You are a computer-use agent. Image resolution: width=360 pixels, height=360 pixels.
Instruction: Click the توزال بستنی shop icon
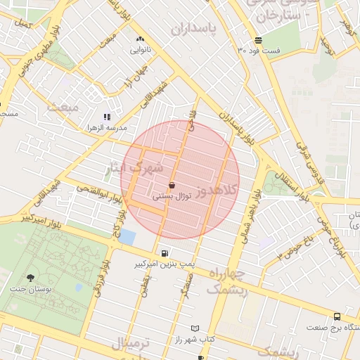click(172, 186)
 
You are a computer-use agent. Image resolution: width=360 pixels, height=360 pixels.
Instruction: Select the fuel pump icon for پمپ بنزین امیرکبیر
click(165, 253)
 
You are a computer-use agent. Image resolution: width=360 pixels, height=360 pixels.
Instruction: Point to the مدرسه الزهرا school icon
click(107, 117)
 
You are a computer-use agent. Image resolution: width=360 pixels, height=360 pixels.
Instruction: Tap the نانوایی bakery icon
click(140, 39)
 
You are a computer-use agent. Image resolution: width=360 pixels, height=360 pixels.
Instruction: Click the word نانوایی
click(140, 50)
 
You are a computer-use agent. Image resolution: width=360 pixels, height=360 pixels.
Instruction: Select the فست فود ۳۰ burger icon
click(258, 40)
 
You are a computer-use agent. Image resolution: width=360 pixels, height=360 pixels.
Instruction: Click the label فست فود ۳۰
click(259, 51)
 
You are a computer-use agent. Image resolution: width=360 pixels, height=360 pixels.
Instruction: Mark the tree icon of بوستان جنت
click(30, 278)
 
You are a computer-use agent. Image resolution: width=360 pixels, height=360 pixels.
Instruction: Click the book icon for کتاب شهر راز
click(195, 328)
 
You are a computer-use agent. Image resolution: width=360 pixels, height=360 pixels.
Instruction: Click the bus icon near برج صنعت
click(337, 317)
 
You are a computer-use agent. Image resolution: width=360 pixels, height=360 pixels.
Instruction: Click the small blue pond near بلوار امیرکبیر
click(127, 237)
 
